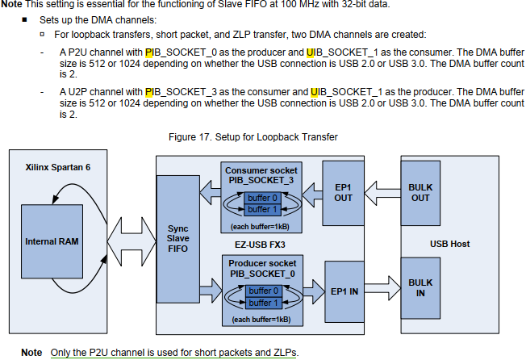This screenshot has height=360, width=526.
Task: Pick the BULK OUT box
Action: tap(420, 192)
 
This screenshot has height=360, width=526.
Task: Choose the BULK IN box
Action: tap(420, 288)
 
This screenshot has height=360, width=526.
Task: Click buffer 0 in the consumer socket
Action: tap(263, 198)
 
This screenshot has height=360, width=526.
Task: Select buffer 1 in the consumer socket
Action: tap(263, 209)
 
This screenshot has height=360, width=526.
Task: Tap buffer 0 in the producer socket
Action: tap(263, 291)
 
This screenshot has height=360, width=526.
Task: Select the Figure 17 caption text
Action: tap(253, 137)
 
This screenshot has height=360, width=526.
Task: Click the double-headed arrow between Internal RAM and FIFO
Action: tap(126, 241)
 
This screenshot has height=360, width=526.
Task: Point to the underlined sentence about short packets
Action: tap(173, 353)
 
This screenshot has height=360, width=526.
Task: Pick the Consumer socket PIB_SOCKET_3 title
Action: tap(261, 175)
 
